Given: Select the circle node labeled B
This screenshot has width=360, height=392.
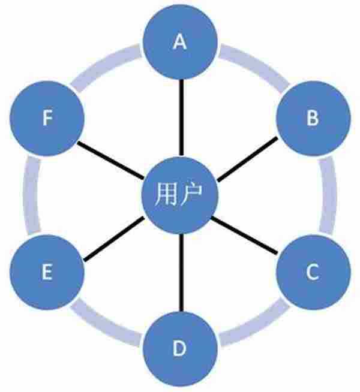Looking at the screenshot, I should (312, 119).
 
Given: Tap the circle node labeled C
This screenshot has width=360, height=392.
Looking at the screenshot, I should (312, 273).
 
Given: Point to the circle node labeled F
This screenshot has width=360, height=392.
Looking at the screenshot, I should (47, 119).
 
